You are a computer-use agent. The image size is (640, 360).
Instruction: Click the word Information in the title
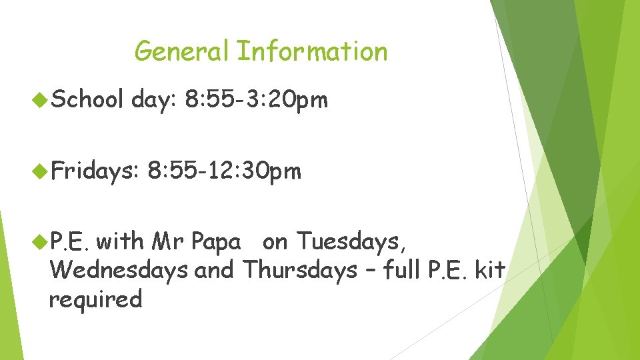click(x=312, y=51)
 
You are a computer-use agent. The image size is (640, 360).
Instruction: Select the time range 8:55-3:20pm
click(x=257, y=100)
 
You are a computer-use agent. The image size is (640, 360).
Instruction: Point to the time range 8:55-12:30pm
click(x=225, y=172)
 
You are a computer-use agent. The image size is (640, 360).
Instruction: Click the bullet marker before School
click(x=39, y=101)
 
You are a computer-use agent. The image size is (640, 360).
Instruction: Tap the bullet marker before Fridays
click(x=39, y=173)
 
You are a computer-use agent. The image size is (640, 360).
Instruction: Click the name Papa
click(x=215, y=241)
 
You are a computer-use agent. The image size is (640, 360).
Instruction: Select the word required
click(x=95, y=299)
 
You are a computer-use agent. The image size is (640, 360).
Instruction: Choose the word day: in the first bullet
click(x=153, y=100)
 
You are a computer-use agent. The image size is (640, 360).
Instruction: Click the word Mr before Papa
click(x=168, y=241)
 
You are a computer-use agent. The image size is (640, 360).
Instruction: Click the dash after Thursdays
click(x=370, y=271)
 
